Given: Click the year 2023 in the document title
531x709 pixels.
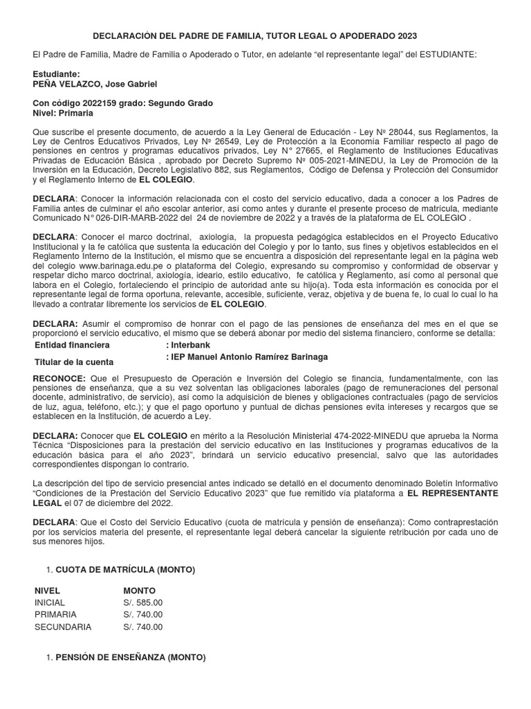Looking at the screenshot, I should (406, 35).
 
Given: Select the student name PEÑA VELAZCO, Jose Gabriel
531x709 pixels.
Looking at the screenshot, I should (95, 84).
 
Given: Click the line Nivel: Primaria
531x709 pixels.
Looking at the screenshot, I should (64, 113).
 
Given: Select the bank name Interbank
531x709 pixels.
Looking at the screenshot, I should (191, 345).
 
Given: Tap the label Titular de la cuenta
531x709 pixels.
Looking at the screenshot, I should (74, 361).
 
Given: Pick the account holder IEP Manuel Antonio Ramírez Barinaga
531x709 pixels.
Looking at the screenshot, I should (250, 357).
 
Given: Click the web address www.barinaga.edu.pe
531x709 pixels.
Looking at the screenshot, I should (117, 265).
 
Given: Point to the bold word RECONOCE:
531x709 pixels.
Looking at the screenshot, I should (59, 378).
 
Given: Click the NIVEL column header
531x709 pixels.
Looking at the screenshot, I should (48, 591).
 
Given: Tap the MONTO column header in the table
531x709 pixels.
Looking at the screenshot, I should (140, 591).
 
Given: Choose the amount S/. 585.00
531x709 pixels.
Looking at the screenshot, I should (143, 602).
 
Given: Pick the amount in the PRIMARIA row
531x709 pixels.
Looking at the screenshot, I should (143, 615).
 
